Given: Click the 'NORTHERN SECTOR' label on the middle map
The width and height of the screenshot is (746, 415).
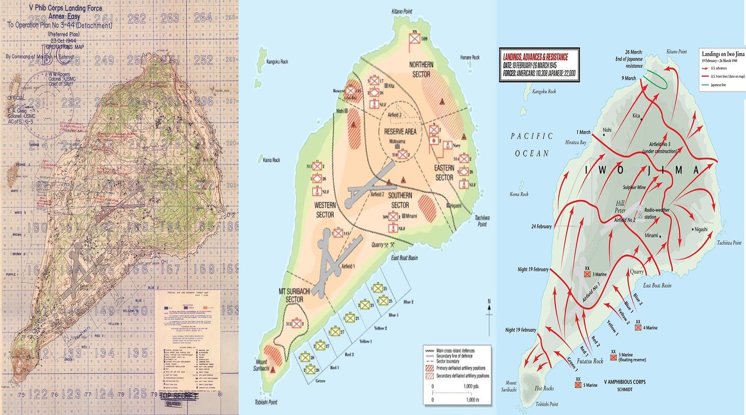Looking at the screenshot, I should [421, 69].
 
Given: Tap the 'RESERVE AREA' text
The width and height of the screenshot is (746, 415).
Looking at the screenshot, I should [400, 132].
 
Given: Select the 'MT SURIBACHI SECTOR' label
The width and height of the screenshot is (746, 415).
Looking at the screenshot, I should [294, 295].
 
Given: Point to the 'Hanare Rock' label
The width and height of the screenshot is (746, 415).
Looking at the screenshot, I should [469, 58].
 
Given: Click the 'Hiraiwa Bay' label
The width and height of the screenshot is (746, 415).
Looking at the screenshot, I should [575, 142].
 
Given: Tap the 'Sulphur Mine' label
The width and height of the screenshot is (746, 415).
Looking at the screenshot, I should [634, 187].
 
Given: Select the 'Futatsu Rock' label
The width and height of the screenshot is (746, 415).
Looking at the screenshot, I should [590, 361].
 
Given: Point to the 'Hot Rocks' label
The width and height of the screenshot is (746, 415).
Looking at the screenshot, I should [544, 388].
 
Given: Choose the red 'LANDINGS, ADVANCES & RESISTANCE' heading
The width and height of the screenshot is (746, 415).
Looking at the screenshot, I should [535, 57].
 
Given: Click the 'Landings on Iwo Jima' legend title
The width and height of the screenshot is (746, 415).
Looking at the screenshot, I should [723, 54].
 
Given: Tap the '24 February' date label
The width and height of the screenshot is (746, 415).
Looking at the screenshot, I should [541, 227].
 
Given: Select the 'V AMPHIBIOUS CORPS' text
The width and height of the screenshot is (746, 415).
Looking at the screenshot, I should [625, 382].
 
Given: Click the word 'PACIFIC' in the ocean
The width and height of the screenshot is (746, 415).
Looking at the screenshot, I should [532, 136].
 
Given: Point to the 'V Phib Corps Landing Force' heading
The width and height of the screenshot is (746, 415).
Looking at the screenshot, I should [65, 8].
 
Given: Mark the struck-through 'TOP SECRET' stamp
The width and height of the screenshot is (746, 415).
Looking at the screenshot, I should [178, 396].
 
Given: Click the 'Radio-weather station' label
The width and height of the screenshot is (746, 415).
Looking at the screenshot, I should [657, 213].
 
